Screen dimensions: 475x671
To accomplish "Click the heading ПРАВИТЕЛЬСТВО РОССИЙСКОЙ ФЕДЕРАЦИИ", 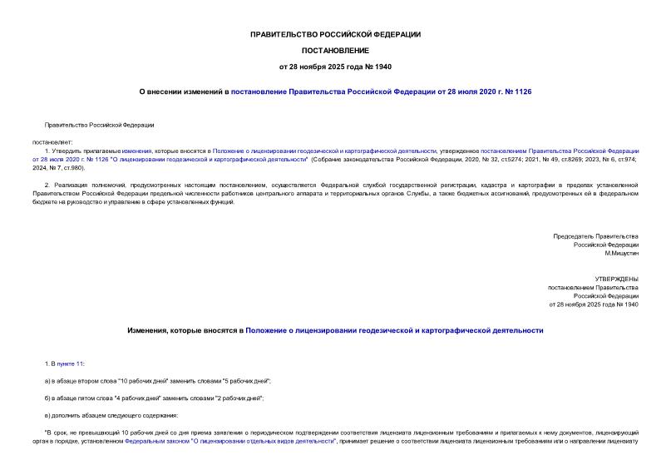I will (x=335, y=34).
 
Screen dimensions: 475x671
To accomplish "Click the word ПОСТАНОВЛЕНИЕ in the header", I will (x=335, y=50).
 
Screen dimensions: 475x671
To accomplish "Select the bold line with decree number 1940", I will (x=335, y=67).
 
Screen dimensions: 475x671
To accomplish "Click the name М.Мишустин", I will (x=619, y=254).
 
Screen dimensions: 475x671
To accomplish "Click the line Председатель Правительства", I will (x=596, y=237).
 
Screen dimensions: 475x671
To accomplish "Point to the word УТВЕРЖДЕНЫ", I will (x=616, y=279).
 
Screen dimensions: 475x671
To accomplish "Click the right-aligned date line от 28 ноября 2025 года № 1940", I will (x=594, y=304).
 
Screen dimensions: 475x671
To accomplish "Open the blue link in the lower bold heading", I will (x=394, y=330).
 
